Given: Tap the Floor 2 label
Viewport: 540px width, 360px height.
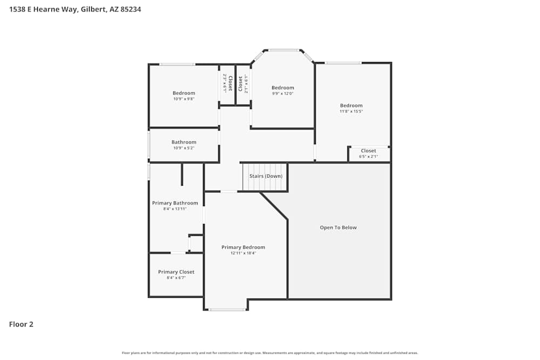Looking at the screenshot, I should coord(21,324).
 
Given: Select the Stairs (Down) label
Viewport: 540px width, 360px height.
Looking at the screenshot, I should coord(265,176).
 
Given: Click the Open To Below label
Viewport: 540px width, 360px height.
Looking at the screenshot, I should coord(338,227).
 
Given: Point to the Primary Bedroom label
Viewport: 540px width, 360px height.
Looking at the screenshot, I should coord(243,247).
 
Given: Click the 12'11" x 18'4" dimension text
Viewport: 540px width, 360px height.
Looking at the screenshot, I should coord(243,253).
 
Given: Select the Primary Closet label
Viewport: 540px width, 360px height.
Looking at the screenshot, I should coord(176,272).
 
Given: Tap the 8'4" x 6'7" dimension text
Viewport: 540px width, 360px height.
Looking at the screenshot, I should coord(176,278).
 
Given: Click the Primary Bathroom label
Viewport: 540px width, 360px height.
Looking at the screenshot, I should coord(175,203).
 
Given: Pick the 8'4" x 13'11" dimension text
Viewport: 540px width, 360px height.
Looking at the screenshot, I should coord(175,209).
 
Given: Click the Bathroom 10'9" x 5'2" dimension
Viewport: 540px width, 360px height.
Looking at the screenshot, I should coord(184,148).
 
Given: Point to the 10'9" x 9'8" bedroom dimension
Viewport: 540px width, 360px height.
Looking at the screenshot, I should coord(184,99).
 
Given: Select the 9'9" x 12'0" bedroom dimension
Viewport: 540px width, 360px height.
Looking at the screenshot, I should coord(282,93).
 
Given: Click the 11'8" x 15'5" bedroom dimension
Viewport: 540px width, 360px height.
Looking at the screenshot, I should coord(351,111).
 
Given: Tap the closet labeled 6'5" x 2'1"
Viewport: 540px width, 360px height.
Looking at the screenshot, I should coord(368,157).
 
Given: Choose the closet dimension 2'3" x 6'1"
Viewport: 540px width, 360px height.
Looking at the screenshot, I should coord(225,83).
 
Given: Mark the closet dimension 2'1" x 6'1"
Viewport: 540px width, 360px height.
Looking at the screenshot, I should coord(246,84).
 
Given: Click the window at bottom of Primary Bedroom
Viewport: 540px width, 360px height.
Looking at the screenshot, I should coord(227,310).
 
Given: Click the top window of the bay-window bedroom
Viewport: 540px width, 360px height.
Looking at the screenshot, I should coord(283,50).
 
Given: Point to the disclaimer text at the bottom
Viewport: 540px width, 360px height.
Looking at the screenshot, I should coord(270,353).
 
